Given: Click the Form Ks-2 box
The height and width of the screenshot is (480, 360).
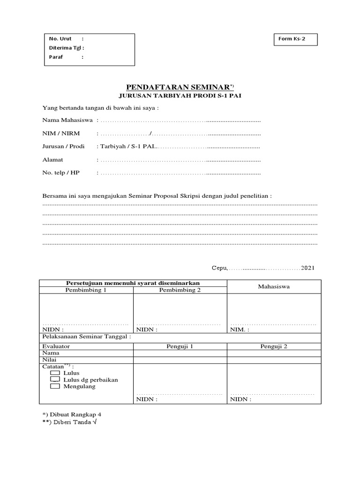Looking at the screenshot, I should pos(295,39).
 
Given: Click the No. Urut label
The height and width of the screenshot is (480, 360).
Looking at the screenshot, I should pos(60,39).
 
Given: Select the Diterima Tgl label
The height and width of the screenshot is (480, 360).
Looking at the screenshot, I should pos(65,48).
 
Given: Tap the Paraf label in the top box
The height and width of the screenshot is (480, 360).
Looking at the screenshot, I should pos(56,57).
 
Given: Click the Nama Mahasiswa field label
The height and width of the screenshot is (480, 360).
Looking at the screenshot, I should pos(67,120).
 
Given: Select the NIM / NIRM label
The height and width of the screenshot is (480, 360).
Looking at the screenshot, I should pos(61,134).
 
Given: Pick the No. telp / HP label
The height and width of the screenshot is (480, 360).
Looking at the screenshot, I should pos(61,173).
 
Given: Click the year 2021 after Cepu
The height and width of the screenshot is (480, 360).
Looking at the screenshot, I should pos(308,268).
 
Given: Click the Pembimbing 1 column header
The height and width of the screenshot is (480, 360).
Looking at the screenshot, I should pos(86,290).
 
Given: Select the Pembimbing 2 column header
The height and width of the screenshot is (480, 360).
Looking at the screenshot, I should pos(180,290).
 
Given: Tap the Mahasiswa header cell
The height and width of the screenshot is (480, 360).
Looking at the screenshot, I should pos(274,286).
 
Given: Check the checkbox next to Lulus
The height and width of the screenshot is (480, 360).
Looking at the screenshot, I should pos(55,373).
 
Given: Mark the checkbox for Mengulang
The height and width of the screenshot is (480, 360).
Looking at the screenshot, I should pos(55,387).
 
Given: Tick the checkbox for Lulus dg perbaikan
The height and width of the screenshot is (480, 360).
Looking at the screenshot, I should pos(55,380).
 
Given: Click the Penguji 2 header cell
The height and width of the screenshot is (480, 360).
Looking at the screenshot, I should pos(274,346).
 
